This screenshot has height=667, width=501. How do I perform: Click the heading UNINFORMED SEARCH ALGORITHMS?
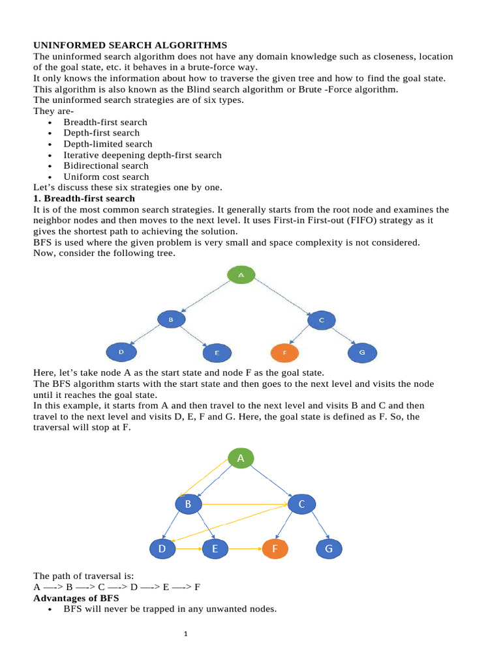pyautogui.click(x=130, y=45)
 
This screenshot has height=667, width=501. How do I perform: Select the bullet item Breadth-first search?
pyautogui.click(x=105, y=122)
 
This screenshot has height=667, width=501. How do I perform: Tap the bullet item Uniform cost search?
pyautogui.click(x=106, y=177)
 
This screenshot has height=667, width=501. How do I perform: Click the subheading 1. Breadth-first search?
pyautogui.click(x=84, y=198)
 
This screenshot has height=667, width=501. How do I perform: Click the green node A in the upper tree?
pyautogui.click(x=241, y=275)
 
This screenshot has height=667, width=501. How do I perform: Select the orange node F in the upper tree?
pyautogui.click(x=284, y=353)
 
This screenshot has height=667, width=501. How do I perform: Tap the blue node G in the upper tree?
pyautogui.click(x=361, y=353)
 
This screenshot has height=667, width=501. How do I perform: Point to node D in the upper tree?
pyautogui.click(x=121, y=352)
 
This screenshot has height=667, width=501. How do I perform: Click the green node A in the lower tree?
pyautogui.click(x=241, y=459)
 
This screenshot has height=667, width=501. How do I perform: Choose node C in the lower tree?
pyautogui.click(x=301, y=504)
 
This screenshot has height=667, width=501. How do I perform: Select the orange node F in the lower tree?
pyautogui.click(x=275, y=549)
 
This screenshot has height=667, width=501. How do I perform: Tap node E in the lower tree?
pyautogui.click(x=215, y=549)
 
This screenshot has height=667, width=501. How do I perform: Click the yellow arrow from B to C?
pyautogui.click(x=245, y=504)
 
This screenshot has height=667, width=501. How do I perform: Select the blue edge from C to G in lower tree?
pyautogui.click(x=317, y=526)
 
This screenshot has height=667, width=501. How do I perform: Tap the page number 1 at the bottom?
pyautogui.click(x=186, y=632)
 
